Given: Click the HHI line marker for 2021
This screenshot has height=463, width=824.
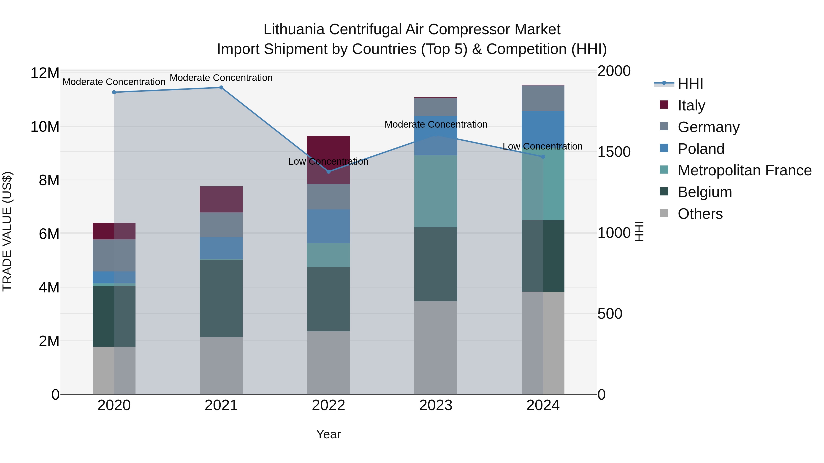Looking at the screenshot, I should pyautogui.click(x=221, y=88).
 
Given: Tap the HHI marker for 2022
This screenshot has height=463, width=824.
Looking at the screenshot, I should pyautogui.click(x=328, y=171).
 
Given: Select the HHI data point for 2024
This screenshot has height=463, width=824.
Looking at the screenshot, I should pyautogui.click(x=543, y=157).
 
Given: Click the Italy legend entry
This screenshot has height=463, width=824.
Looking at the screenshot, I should pyautogui.click(x=691, y=105).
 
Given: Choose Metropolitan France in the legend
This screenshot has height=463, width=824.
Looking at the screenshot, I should pyautogui.click(x=744, y=170).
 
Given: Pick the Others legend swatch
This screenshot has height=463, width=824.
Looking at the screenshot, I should pyautogui.click(x=664, y=213).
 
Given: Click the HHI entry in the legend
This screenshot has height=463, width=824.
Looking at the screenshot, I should pyautogui.click(x=690, y=84).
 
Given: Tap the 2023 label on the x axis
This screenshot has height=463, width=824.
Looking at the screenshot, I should pyautogui.click(x=435, y=405).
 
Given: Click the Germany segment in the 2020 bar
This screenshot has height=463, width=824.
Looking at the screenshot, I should pyautogui.click(x=114, y=255).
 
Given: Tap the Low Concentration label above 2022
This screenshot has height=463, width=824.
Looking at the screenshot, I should pyautogui.click(x=328, y=161).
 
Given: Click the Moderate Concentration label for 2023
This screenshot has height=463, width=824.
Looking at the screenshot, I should pyautogui.click(x=436, y=124).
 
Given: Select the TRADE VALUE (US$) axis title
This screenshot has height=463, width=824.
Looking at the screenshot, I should pyautogui.click(x=7, y=231).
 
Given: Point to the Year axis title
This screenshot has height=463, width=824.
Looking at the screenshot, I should pyautogui.click(x=328, y=434).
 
